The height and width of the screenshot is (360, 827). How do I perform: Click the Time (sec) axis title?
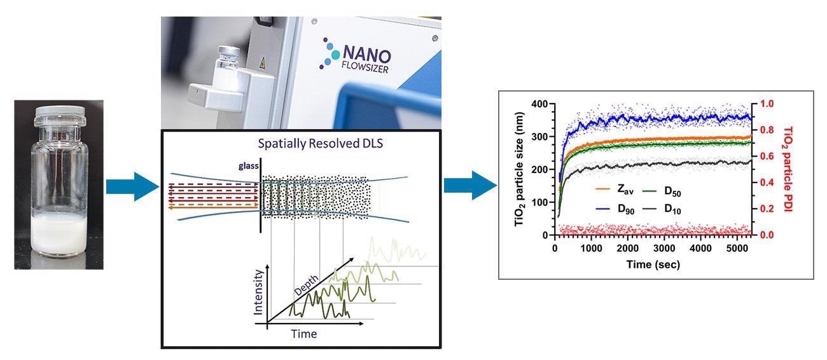pos(651,263)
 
